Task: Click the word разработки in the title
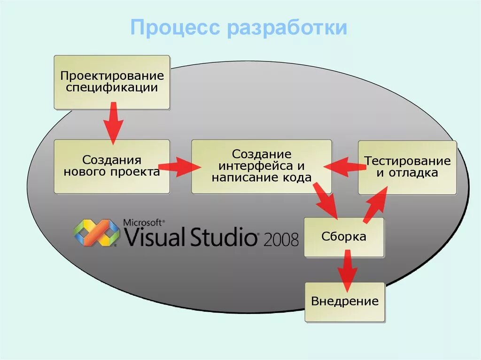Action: point(287,28)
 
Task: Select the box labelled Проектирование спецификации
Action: point(112,82)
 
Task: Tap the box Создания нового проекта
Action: point(112,166)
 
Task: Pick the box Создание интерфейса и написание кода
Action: point(261,166)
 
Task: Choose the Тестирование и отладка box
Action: point(407,167)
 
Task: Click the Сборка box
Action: point(344,237)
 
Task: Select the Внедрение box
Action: point(345,301)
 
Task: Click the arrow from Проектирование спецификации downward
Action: point(113,124)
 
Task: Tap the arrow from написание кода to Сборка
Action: point(326,200)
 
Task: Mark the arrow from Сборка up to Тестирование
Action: point(375,204)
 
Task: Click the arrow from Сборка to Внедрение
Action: point(347,270)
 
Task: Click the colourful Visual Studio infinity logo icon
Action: point(97,233)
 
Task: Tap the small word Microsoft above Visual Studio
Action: point(143,222)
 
